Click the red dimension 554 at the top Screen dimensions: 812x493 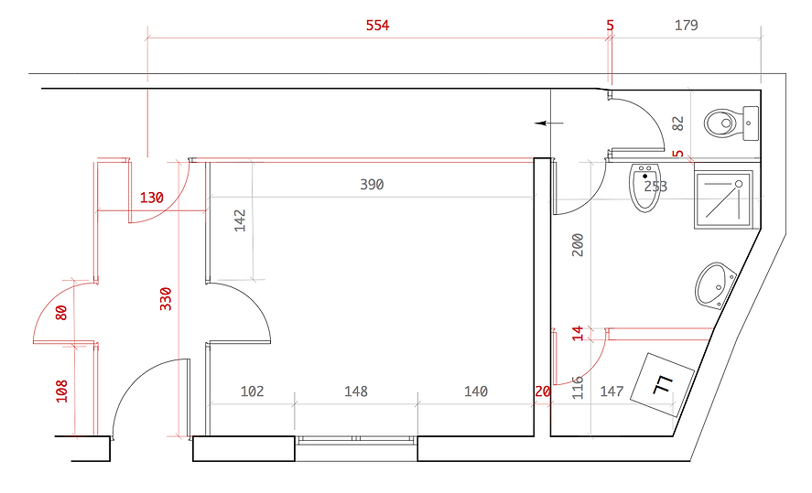pyautogui.click(x=377, y=26)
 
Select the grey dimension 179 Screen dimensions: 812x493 pyautogui.click(x=687, y=26)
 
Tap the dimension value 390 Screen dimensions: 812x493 pyautogui.click(x=372, y=185)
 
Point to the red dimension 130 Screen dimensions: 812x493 pyautogui.click(x=152, y=198)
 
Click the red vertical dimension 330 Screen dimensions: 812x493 pyautogui.click(x=166, y=299)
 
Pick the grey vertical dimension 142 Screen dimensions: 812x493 pyautogui.click(x=240, y=220)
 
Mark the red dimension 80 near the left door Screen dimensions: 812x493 pyautogui.click(x=61, y=313)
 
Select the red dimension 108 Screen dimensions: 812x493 pyautogui.click(x=61, y=391)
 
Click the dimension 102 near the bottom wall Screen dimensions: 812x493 pyautogui.click(x=252, y=391)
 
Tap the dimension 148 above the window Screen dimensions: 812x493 pyautogui.click(x=356, y=391)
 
